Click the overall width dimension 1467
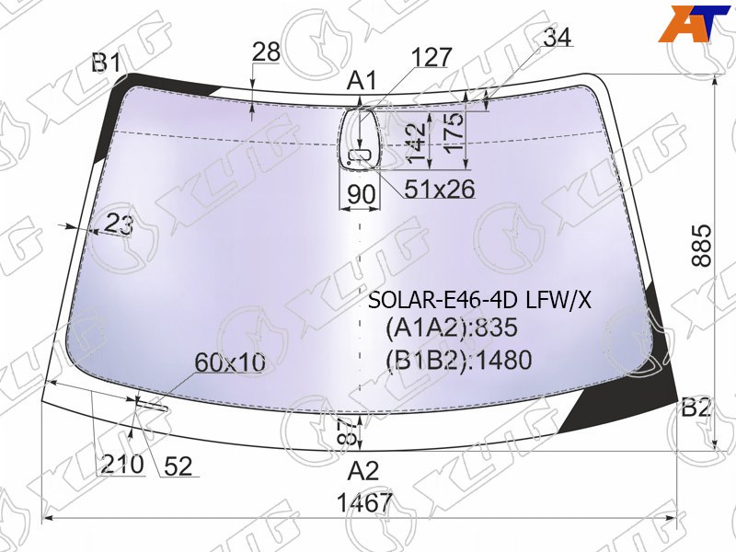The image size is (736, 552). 364,503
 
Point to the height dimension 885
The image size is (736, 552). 702,246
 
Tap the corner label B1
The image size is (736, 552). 107,63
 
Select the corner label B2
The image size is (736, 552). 697,408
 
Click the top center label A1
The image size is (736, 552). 362,80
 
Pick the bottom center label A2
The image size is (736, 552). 362,471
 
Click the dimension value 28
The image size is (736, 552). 266,52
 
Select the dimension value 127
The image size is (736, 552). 431,57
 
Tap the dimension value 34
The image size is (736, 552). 558,38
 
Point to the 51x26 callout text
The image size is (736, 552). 440,190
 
